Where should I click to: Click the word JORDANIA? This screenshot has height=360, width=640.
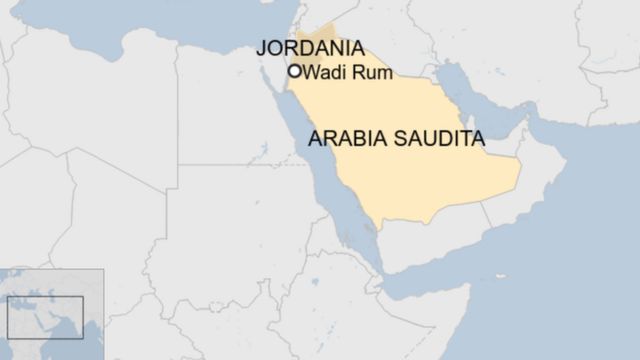click(x=310, y=48)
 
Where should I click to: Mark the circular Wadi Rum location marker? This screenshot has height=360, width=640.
click(x=295, y=71)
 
